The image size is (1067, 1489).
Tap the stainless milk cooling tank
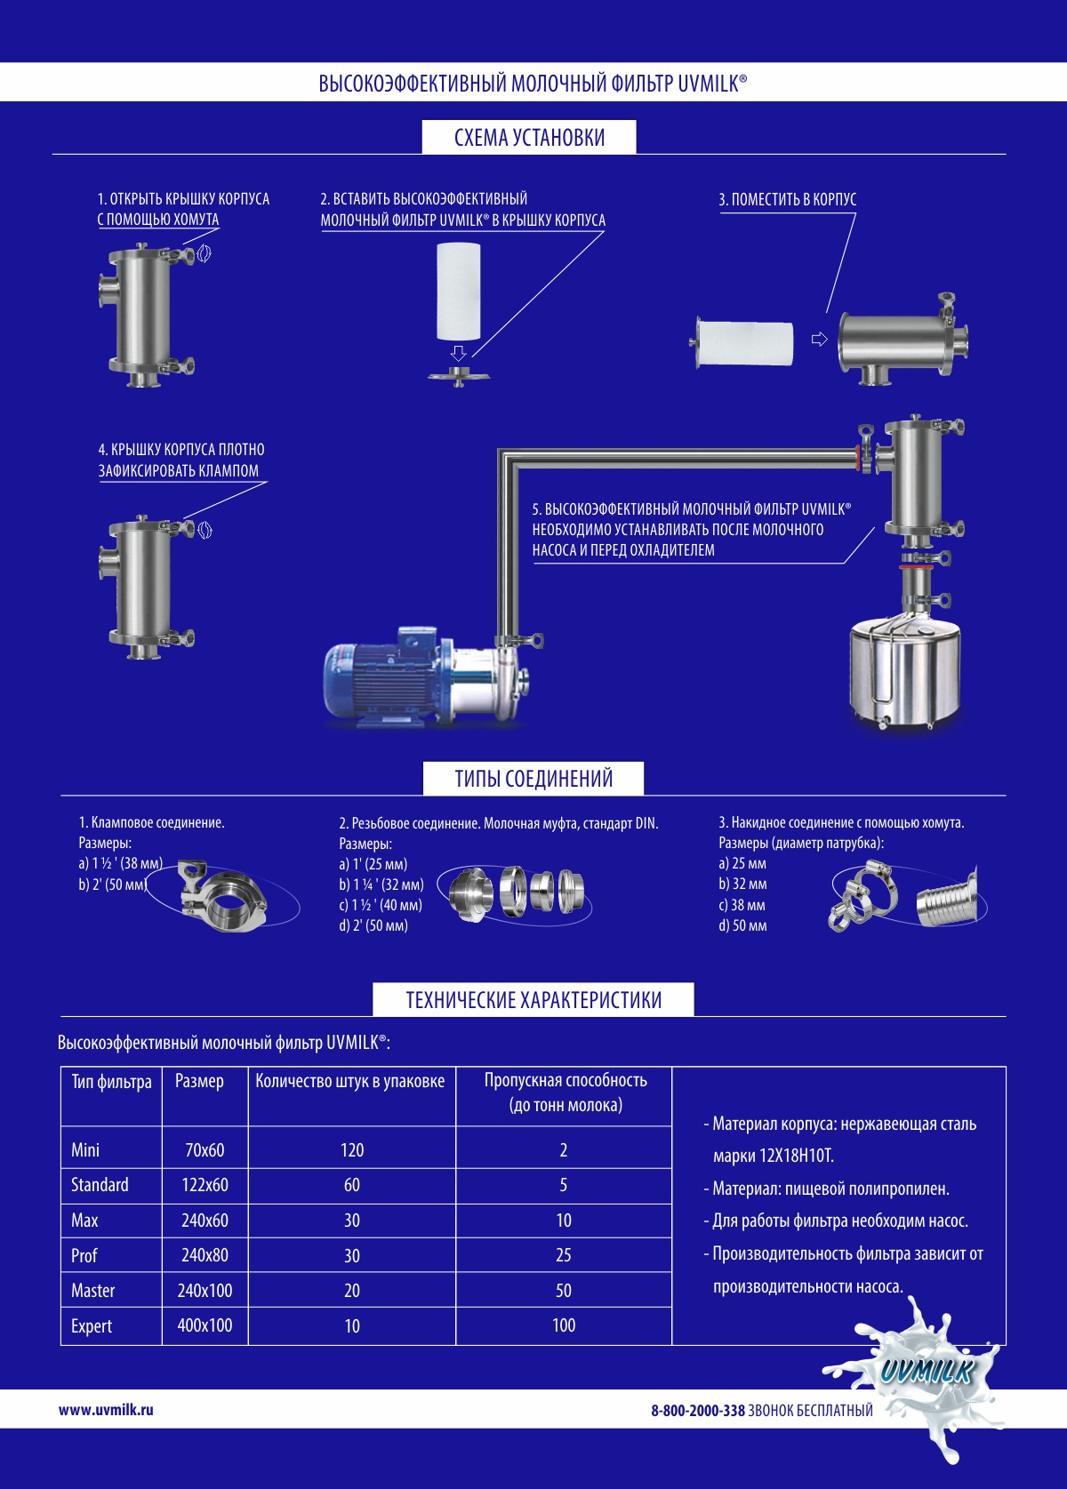905,670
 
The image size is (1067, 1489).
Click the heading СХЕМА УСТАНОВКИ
529,138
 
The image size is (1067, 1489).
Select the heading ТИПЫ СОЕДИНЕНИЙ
533,779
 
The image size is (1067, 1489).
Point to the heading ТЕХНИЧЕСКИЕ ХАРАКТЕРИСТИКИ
533,1000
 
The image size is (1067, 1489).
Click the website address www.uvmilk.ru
106,1410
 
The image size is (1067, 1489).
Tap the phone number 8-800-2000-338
697,1411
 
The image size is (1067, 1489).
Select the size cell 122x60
205,1185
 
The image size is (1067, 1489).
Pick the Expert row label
91,1326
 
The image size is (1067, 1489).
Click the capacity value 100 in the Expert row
564,1325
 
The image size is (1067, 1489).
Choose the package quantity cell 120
352,1150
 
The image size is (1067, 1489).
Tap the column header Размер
199,1082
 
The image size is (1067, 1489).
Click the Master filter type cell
92,1290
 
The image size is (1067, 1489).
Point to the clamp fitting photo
222,894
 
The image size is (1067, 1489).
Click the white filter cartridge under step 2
459,292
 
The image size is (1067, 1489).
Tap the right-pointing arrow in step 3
819,339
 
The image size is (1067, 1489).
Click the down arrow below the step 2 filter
458,352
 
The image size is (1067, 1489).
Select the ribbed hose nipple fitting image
947,897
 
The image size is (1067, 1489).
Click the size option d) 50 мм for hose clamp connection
742,925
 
